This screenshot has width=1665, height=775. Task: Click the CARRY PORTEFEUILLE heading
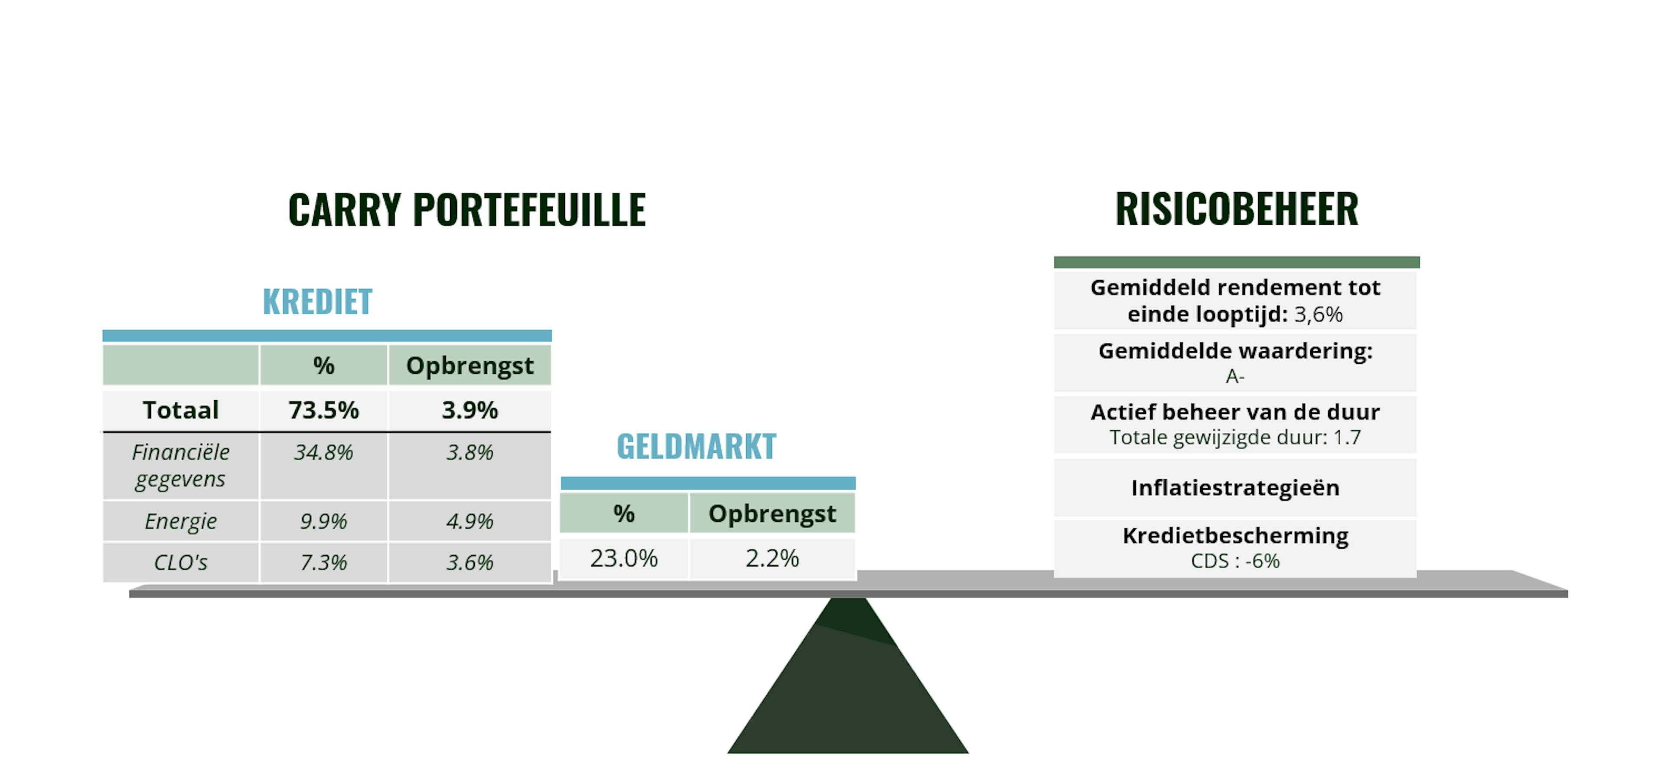tap(467, 209)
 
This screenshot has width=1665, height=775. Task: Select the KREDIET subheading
tap(317, 301)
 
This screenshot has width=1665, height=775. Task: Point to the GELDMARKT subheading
tap(696, 446)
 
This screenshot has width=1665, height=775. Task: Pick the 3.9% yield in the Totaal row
tap(470, 410)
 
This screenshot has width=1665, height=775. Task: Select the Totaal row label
tap(181, 410)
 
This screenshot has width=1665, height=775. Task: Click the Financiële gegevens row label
tap(180, 465)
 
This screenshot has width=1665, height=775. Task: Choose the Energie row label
tap(180, 521)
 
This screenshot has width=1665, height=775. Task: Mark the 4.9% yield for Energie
tap(470, 521)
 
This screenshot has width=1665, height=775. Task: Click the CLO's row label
tap(180, 562)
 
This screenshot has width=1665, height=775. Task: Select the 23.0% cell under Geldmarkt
tap(624, 558)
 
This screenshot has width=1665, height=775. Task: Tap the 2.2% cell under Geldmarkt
tap(772, 558)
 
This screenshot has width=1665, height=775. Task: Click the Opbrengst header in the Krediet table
tap(470, 366)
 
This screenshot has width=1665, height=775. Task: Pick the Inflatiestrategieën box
tap(1235, 487)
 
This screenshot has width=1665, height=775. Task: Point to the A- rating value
tap(1235, 376)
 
